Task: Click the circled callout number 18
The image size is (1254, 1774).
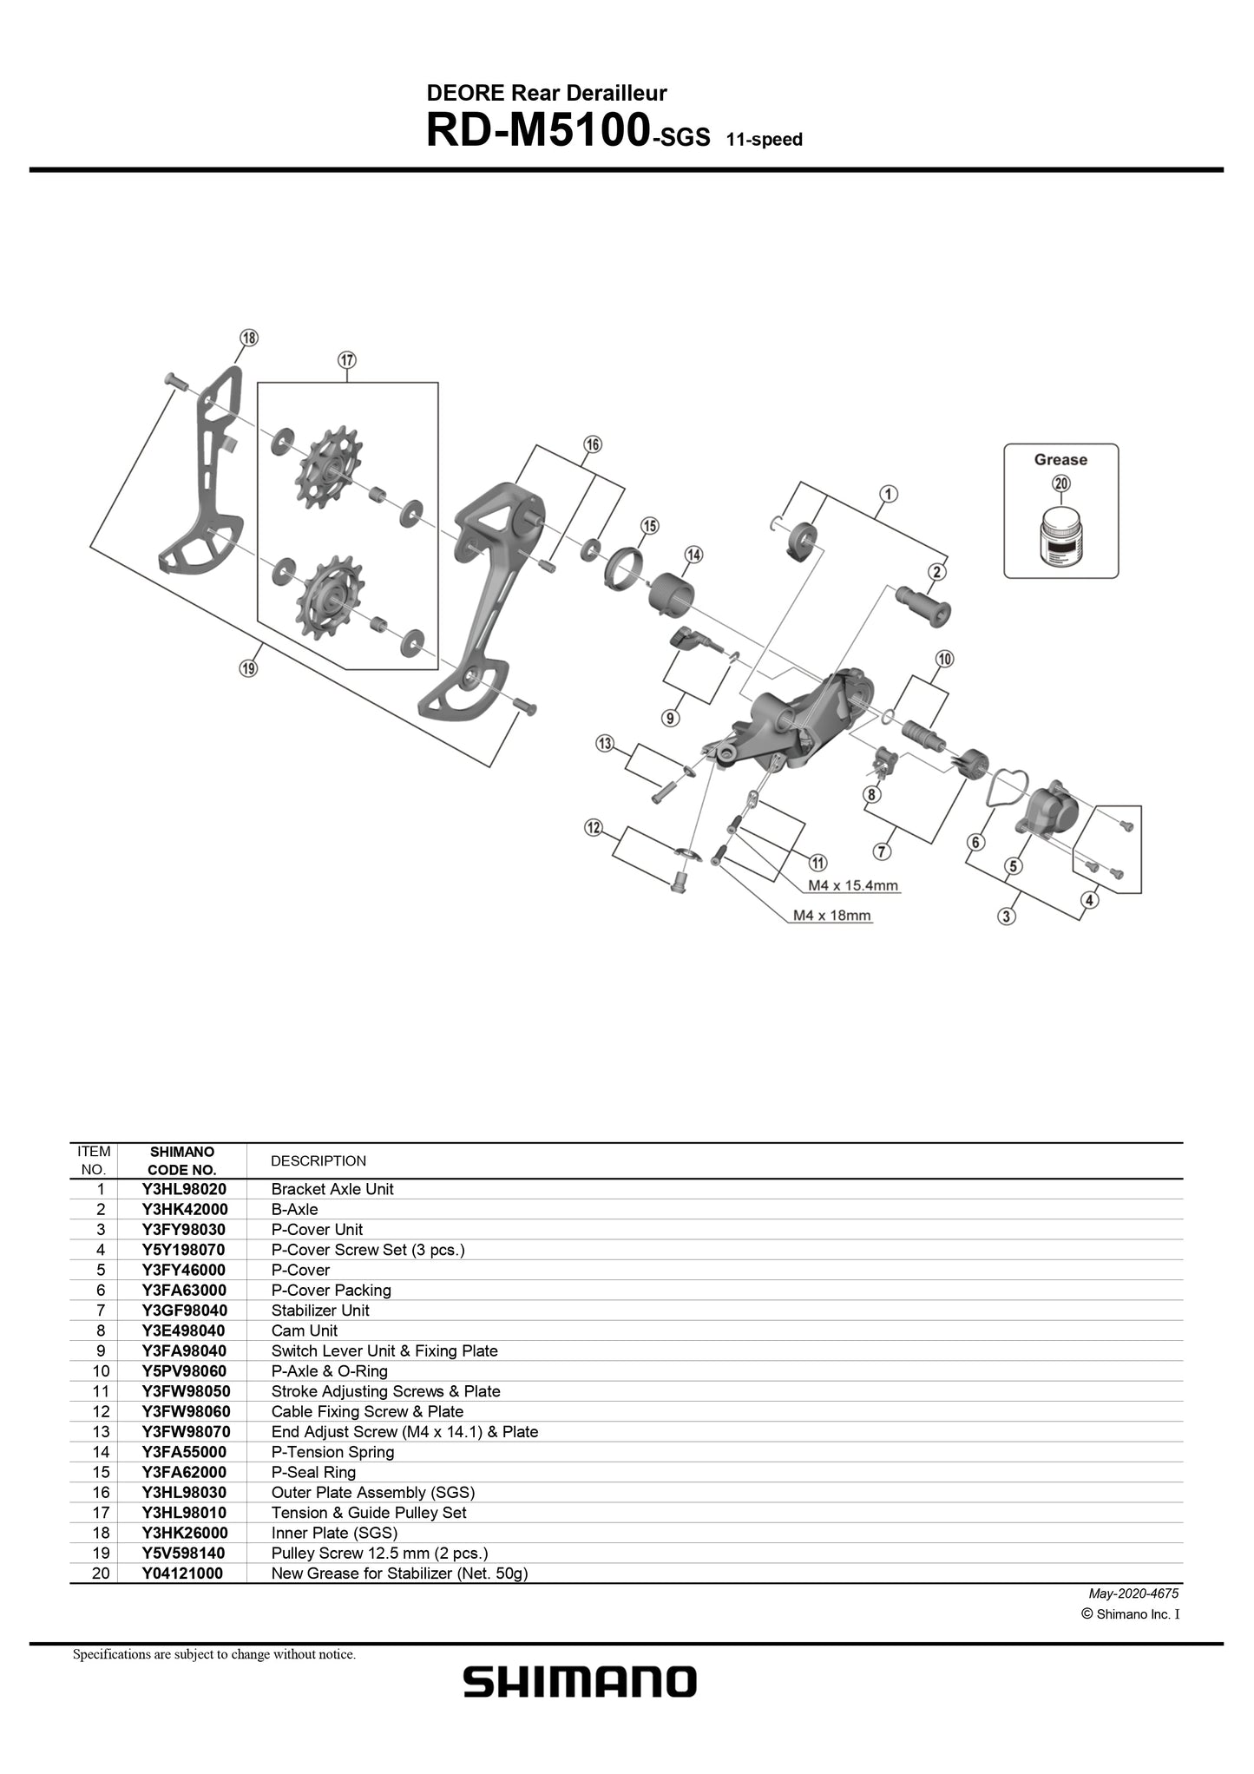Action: [249, 338]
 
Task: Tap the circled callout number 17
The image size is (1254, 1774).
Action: [347, 359]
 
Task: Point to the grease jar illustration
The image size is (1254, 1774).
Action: [1060, 538]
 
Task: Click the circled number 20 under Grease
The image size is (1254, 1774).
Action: [1060, 484]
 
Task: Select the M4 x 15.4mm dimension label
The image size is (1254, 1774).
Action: [853, 885]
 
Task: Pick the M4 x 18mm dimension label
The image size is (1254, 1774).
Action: [831, 915]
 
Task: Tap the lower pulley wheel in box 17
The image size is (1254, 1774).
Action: [330, 598]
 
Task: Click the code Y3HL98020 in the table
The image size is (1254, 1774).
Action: [184, 1189]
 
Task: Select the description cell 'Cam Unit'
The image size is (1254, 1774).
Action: [305, 1330]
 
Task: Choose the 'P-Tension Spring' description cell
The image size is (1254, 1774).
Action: [332, 1452]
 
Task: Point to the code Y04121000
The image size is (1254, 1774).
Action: [182, 1574]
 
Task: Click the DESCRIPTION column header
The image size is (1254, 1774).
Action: [318, 1161]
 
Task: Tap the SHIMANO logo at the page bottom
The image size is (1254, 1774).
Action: [580, 1681]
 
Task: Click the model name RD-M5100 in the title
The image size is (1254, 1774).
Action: [538, 130]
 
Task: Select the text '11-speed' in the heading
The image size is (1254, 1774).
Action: [765, 139]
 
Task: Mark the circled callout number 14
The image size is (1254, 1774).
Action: [693, 555]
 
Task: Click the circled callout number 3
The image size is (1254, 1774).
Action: [1007, 916]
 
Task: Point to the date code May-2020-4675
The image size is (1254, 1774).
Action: [1133, 1593]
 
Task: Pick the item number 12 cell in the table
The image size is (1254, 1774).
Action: [101, 1412]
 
